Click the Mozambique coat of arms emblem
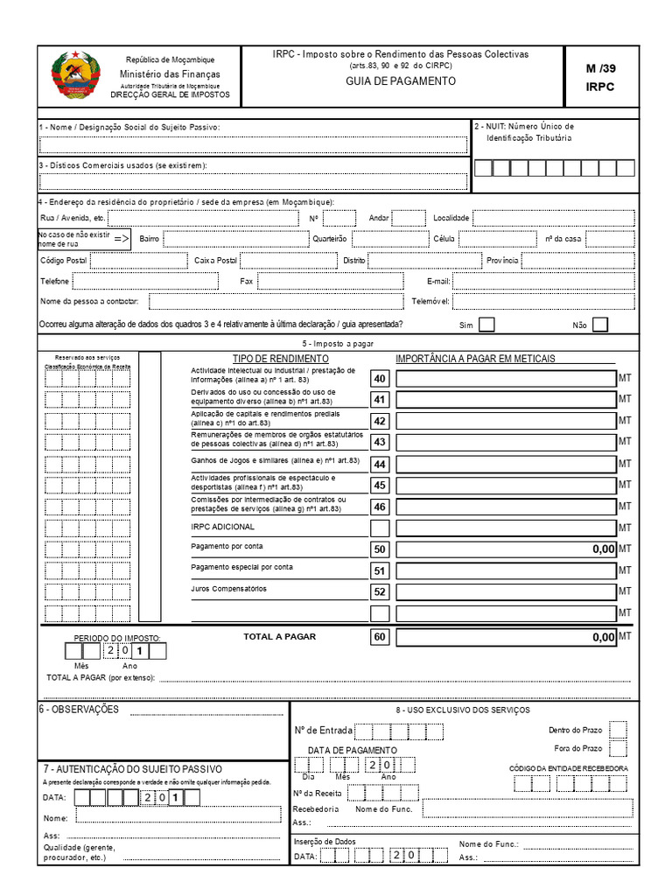[x=76, y=77]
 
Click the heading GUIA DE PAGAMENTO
[x=401, y=80]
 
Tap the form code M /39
[x=600, y=68]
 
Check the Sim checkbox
[x=487, y=325]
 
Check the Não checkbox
[x=600, y=325]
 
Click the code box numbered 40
[x=380, y=379]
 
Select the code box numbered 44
[x=380, y=464]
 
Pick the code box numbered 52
[x=380, y=591]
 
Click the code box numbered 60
[x=380, y=638]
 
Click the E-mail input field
[x=542, y=281]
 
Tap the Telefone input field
[x=145, y=281]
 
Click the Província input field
[x=578, y=260]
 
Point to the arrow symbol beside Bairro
[x=122, y=239]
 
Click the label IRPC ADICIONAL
[x=222, y=527]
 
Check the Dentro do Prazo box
[x=618, y=730]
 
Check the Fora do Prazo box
[x=618, y=748]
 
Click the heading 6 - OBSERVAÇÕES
[x=79, y=709]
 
